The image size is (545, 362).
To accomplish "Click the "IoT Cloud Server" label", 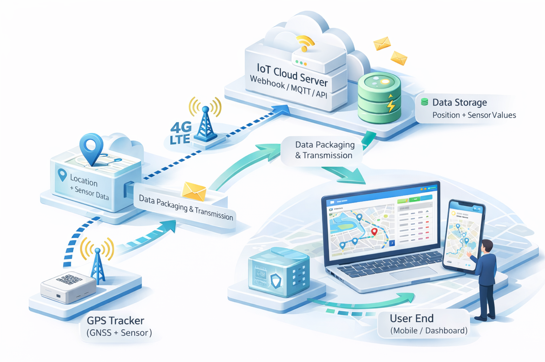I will [x=292, y=74].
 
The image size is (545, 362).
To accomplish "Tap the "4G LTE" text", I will [x=180, y=133].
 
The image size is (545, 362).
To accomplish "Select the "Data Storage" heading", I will [x=459, y=102].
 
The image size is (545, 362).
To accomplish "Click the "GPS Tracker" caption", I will [x=115, y=321].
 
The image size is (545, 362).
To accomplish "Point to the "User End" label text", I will [x=411, y=318].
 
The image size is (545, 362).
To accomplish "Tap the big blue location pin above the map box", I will [x=91, y=147].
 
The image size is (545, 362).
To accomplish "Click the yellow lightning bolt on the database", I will [x=391, y=104].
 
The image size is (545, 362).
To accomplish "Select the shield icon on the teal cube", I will [x=276, y=281].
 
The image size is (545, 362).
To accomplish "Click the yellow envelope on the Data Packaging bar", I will [x=194, y=191].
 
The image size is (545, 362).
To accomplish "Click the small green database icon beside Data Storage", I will [x=424, y=102].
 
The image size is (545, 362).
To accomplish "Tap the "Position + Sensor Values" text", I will [x=474, y=115].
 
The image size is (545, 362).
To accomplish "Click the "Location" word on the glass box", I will [x=84, y=180].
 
